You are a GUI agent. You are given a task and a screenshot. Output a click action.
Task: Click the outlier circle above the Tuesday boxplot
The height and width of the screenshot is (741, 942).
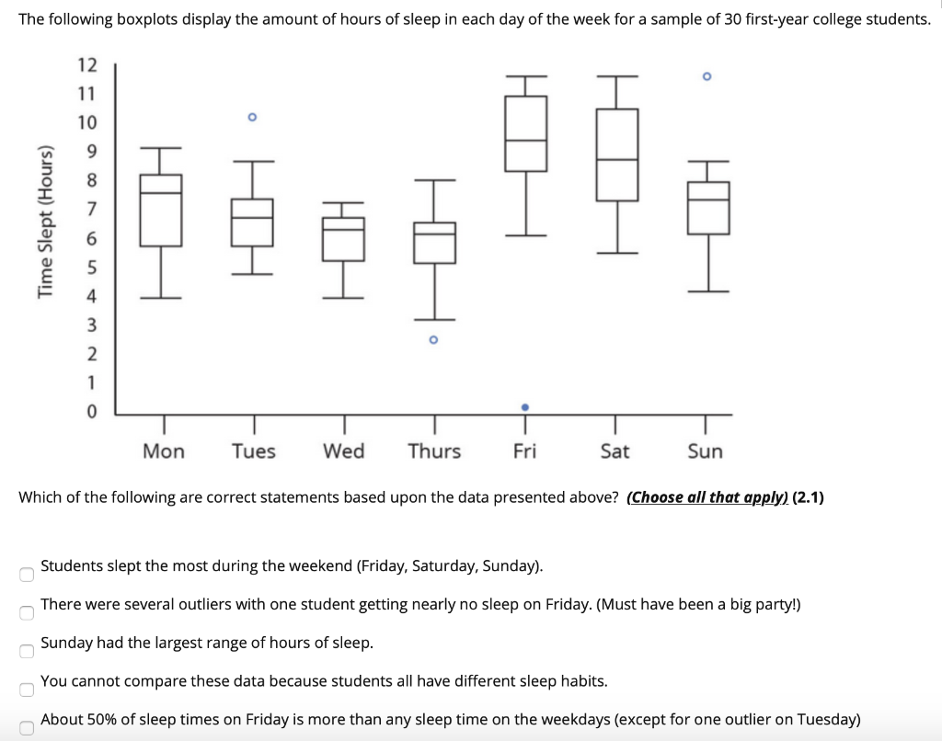pos(252,118)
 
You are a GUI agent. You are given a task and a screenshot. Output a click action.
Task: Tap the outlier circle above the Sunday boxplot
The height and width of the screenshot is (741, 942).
pos(706,77)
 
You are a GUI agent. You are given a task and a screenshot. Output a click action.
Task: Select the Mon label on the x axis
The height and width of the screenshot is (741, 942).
pos(164,451)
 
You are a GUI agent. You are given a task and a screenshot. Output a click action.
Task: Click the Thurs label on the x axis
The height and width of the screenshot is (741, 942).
pos(434,451)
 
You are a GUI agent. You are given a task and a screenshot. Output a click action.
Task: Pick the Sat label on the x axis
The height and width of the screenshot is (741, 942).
pos(615,451)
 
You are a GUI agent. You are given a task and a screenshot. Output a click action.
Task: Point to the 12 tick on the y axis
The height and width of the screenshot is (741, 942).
pos(87,64)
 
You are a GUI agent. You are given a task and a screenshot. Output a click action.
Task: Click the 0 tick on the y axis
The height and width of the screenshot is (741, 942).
pos(90,413)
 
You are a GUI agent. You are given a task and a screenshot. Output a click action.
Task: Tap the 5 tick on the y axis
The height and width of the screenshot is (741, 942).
pos(90,268)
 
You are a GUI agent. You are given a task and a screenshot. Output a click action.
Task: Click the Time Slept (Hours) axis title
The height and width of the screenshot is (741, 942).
pos(43,221)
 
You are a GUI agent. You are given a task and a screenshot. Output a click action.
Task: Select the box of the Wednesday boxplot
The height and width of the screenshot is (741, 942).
pos(343,239)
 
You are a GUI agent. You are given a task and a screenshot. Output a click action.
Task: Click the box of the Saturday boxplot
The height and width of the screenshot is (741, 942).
pos(616,154)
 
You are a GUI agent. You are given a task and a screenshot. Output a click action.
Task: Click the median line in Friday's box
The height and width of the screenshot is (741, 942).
pos(525,141)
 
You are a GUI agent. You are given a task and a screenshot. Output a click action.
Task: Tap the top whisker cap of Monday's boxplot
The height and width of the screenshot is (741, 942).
pos(160,147)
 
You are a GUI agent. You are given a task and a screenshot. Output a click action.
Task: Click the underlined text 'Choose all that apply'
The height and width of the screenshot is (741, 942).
pos(706,497)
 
